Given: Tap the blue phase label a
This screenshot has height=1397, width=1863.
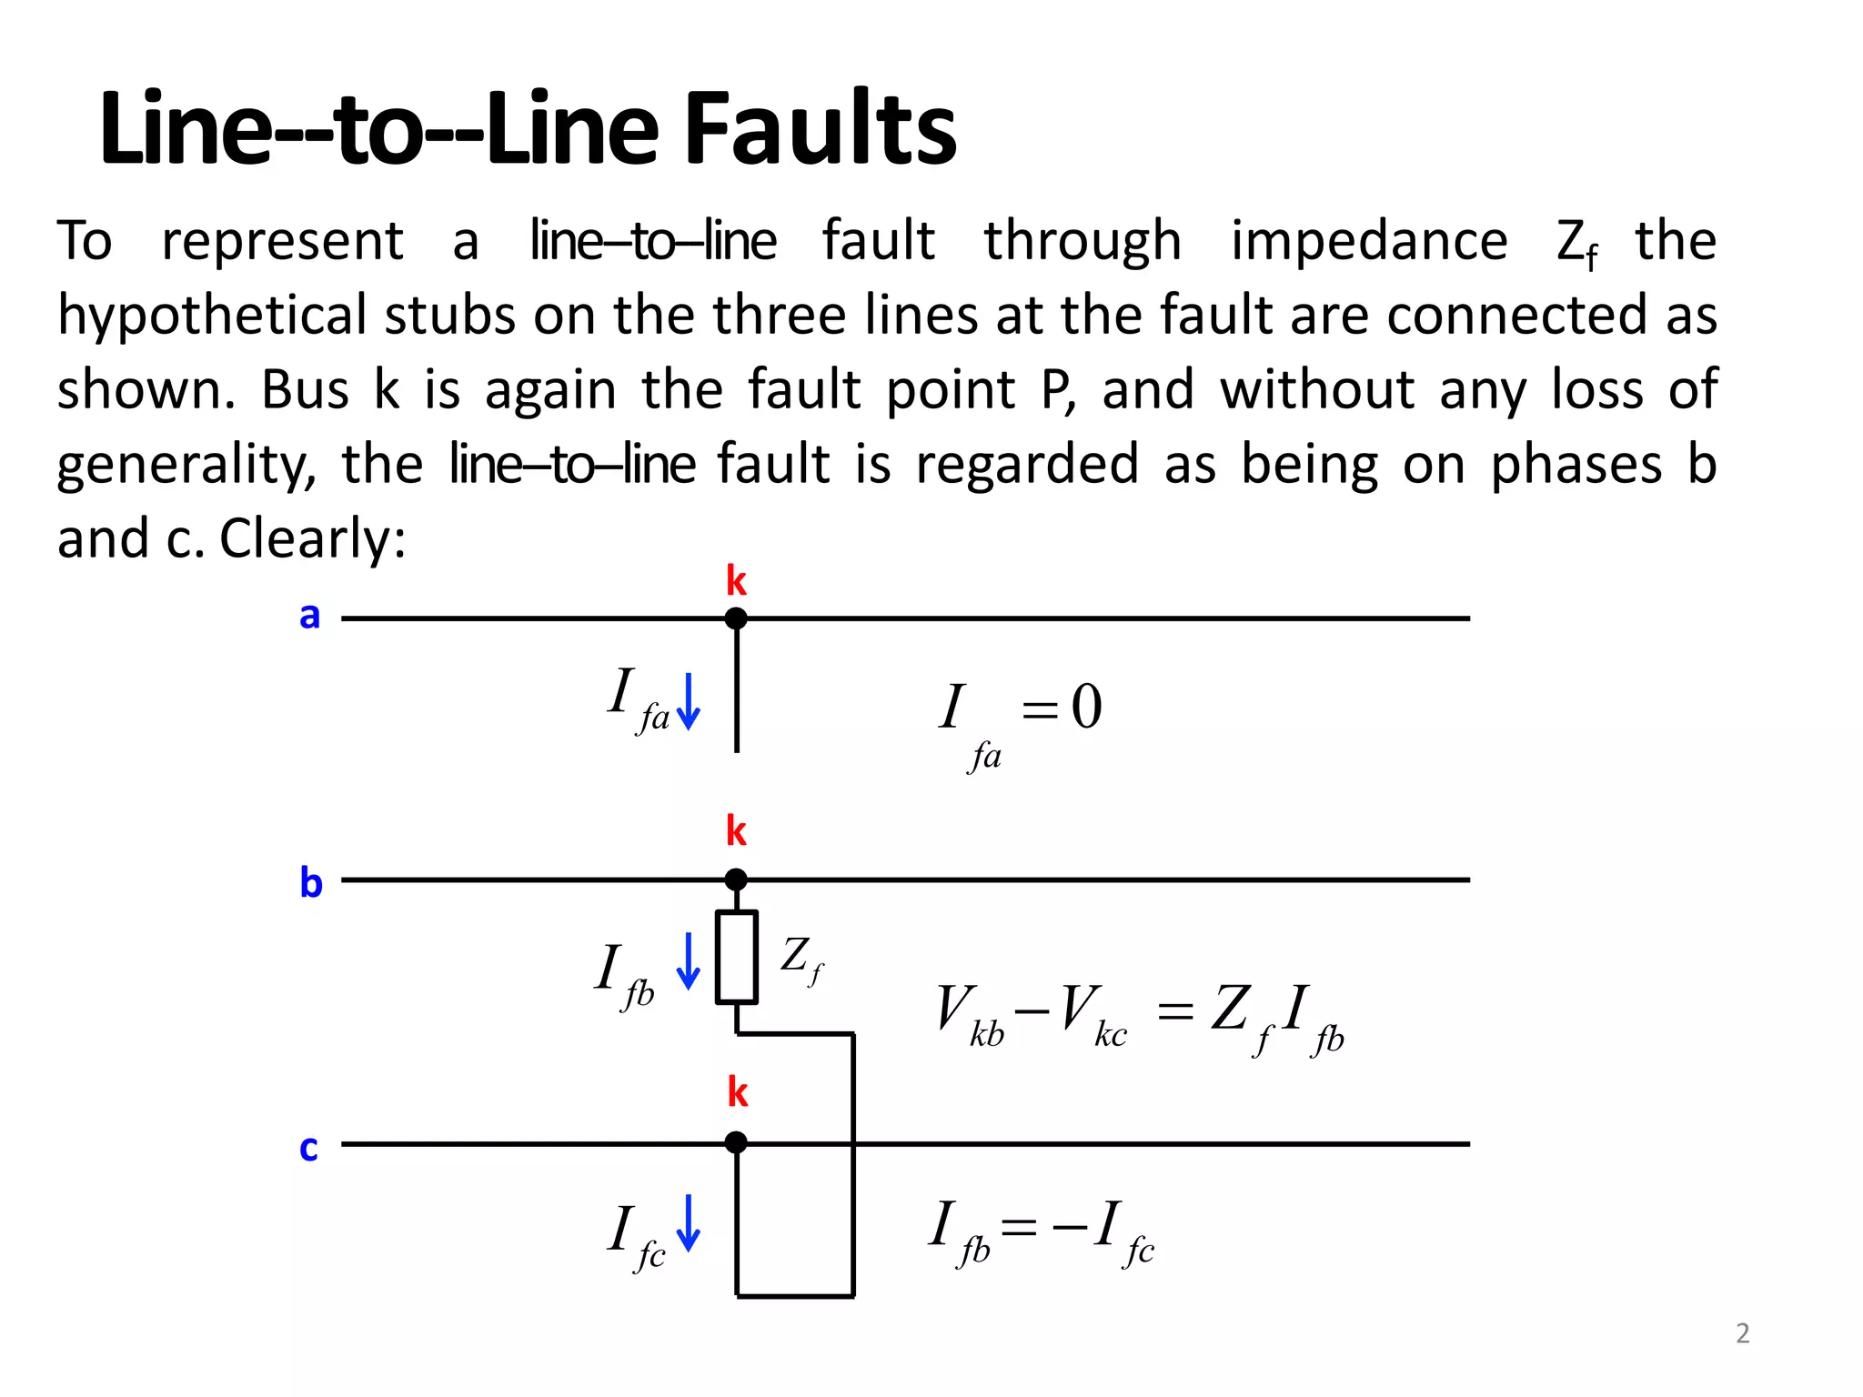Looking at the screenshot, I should click(x=310, y=616).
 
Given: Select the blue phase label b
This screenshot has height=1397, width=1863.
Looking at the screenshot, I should click(x=311, y=882).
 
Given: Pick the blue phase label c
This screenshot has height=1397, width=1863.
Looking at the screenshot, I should click(x=309, y=1148).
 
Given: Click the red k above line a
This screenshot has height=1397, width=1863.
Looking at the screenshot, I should click(x=736, y=580).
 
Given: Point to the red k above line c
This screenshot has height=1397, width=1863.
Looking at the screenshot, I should click(x=737, y=1092).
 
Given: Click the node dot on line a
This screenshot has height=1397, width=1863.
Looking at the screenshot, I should click(x=736, y=618).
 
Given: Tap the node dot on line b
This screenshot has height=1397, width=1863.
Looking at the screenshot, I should click(x=736, y=879).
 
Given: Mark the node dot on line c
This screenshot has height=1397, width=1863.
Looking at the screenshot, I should click(x=736, y=1142).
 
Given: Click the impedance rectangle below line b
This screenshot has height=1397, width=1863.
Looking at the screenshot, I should click(x=736, y=957).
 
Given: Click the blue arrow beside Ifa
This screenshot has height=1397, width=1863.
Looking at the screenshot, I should click(x=690, y=701).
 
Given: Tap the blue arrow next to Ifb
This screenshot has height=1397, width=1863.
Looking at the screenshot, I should click(x=689, y=961).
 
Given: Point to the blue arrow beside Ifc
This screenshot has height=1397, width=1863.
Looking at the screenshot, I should click(x=690, y=1223).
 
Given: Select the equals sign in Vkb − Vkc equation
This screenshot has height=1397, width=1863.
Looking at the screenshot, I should click(x=1174, y=1010).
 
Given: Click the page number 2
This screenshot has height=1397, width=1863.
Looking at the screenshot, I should click(x=1742, y=1333).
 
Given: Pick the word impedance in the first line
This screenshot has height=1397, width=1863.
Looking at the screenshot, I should click(x=1369, y=241).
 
